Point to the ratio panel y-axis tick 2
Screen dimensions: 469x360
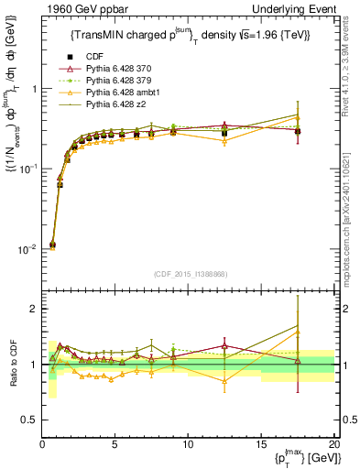tap(33, 309)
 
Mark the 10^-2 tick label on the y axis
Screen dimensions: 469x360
tap(26, 249)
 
